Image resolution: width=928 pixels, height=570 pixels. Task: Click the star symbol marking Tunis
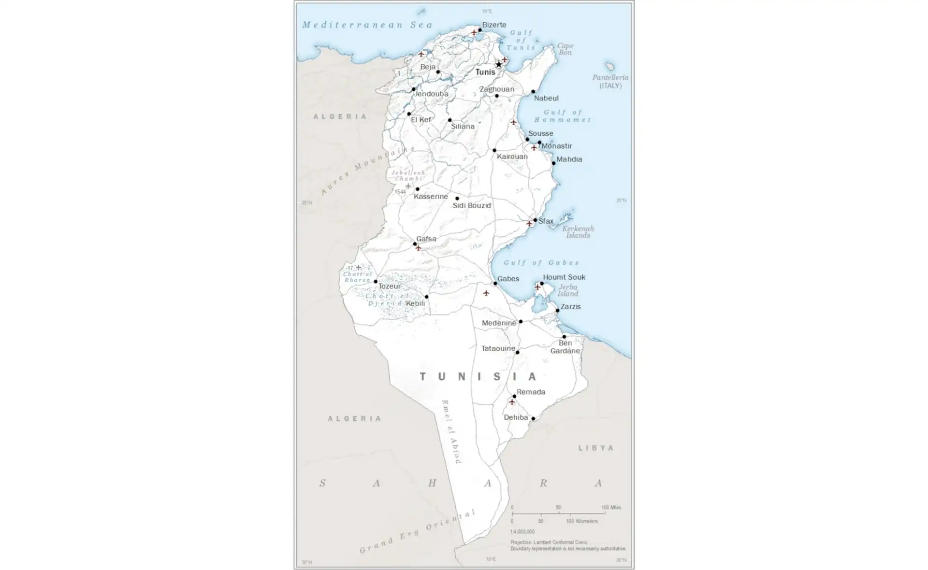(x=499, y=65)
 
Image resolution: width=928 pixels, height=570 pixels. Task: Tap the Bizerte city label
(x=494, y=25)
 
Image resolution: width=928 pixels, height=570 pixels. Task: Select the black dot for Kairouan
(x=494, y=150)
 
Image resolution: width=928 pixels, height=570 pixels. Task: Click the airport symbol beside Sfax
(x=529, y=224)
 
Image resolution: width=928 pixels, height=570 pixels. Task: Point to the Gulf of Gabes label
(x=541, y=263)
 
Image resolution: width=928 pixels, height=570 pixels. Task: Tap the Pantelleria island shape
(x=610, y=66)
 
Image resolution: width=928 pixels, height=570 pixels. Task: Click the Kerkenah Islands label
(x=578, y=232)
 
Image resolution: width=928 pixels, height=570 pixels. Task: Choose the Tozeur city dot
(x=376, y=282)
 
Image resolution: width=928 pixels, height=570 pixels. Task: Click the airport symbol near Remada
(x=512, y=402)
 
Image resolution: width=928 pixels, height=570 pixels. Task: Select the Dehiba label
(x=516, y=417)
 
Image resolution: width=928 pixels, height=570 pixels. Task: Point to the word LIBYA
(x=596, y=448)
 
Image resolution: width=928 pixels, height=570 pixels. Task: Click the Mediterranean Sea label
(x=367, y=25)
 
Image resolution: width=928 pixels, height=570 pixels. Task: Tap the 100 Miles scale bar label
(x=611, y=507)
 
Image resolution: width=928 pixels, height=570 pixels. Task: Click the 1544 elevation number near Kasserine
(x=400, y=192)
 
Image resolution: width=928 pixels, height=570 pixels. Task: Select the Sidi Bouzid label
(x=471, y=205)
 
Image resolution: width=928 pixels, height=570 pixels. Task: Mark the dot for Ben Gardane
(x=564, y=337)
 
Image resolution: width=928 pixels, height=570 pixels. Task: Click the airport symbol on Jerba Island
(x=537, y=287)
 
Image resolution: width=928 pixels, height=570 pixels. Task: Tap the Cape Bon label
(x=565, y=49)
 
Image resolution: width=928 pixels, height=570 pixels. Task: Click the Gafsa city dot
(x=415, y=244)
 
